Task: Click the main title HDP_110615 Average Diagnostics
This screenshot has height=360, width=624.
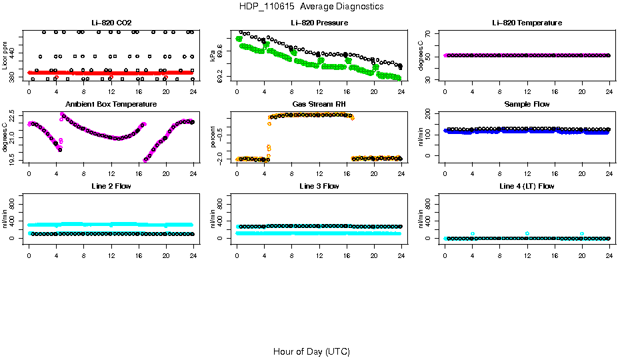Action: [312, 7]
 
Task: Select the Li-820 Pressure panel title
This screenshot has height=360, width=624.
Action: [319, 23]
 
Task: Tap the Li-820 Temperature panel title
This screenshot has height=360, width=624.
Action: [527, 23]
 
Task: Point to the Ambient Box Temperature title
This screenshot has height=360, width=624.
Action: [111, 105]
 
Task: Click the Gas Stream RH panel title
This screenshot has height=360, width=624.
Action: [319, 105]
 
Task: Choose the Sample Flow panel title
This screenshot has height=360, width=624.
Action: [527, 105]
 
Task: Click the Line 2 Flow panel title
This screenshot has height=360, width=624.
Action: [111, 186]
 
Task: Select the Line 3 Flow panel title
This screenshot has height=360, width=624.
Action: [319, 186]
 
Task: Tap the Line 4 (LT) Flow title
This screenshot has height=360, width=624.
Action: [527, 186]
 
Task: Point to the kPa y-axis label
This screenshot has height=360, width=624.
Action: [213, 56]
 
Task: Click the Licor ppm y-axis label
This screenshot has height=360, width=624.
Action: [5, 56]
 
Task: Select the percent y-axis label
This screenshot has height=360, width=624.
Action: [213, 137]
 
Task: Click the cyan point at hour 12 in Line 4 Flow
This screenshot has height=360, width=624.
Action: [527, 233]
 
